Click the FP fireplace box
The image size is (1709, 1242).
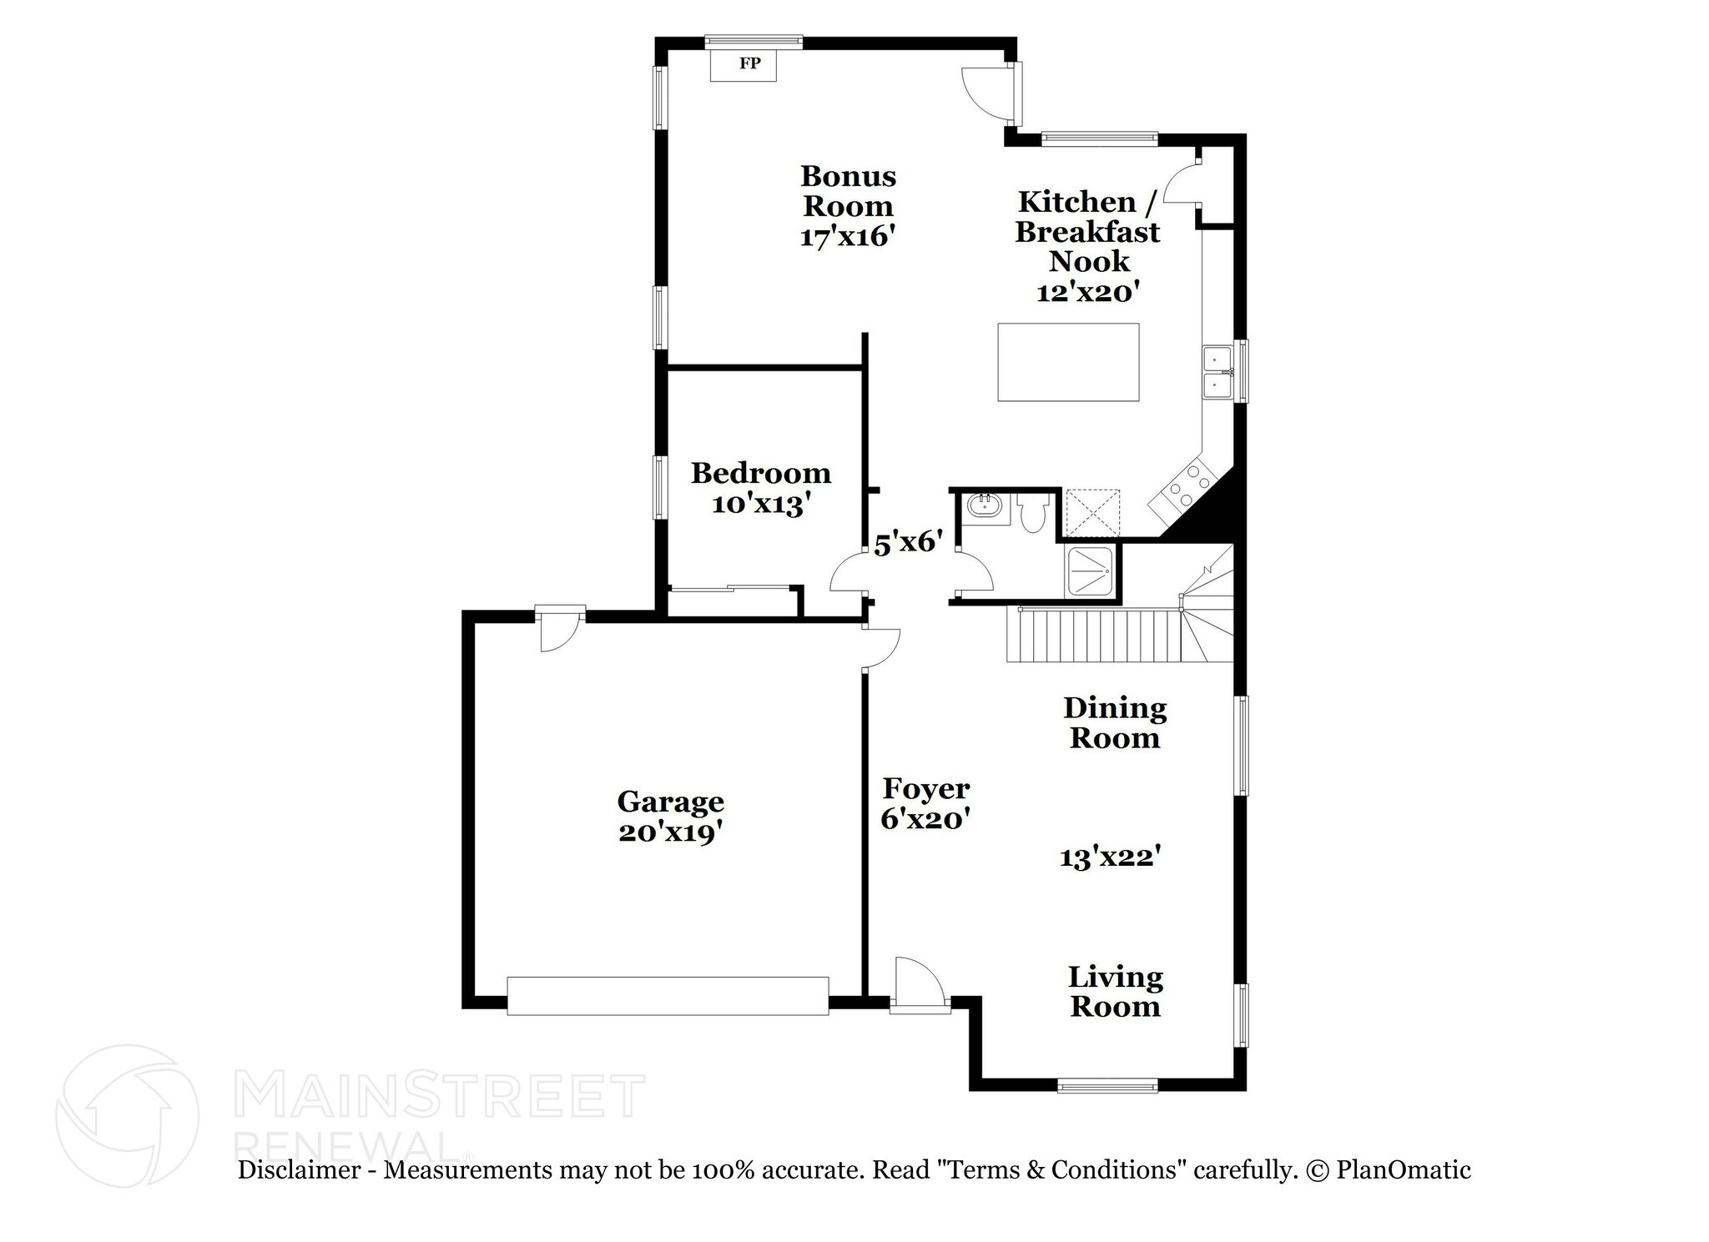tap(743, 64)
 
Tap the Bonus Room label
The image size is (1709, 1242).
tap(848, 191)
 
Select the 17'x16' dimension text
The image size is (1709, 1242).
tap(848, 237)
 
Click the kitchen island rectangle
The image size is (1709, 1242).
tap(1068, 362)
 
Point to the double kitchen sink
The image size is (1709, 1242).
tap(1218, 373)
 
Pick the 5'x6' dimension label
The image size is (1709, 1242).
tap(908, 544)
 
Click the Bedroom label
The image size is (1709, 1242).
tap(761, 474)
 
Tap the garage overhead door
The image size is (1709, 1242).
tap(668, 996)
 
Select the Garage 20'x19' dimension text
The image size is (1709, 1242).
tap(669, 832)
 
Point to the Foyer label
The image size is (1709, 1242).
tap(926, 788)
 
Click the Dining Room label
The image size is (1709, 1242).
tap(1115, 723)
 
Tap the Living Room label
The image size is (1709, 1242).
tap(1115, 992)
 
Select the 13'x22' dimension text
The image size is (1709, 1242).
tap(1111, 857)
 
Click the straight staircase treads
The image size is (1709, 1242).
tap(1093, 635)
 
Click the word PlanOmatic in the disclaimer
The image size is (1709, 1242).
tap(1403, 1170)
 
